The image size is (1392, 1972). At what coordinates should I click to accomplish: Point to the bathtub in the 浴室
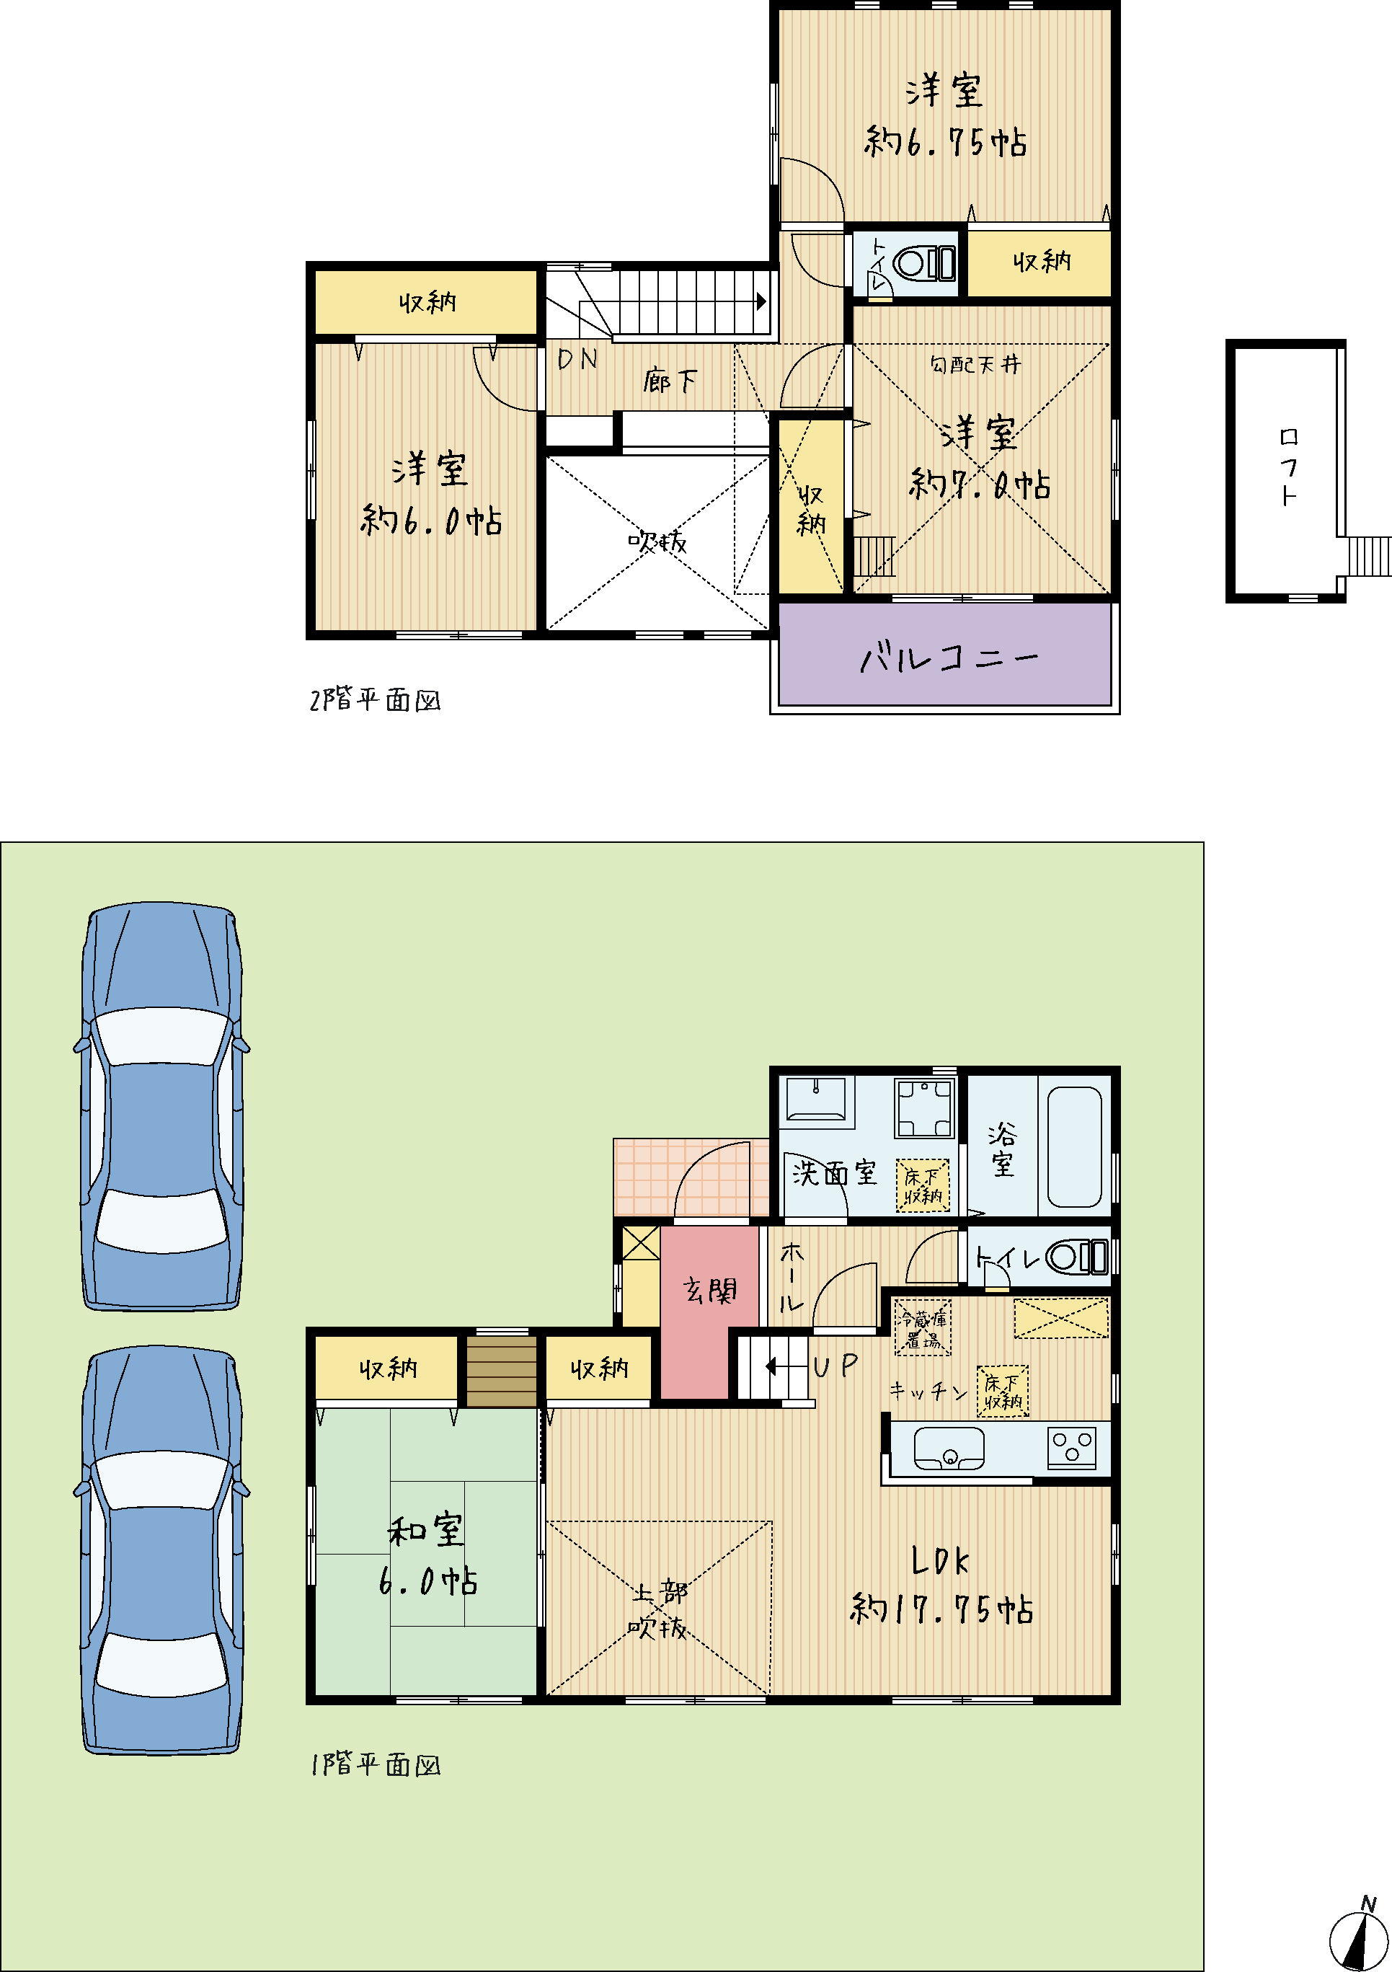1074,1146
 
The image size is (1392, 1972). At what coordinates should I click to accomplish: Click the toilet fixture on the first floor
1078,1257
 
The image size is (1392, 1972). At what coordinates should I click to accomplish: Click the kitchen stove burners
1072,1447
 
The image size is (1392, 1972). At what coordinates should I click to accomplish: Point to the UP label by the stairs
835,1366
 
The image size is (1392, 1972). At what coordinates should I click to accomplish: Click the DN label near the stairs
577,359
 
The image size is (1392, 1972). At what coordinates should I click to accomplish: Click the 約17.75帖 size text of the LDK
941,1609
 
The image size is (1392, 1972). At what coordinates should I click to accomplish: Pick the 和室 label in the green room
426,1530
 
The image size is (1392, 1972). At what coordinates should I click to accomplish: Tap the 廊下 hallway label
670,381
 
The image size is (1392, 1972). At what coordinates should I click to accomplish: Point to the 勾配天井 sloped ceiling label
975,364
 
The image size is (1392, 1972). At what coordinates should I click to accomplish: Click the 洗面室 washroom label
834,1172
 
